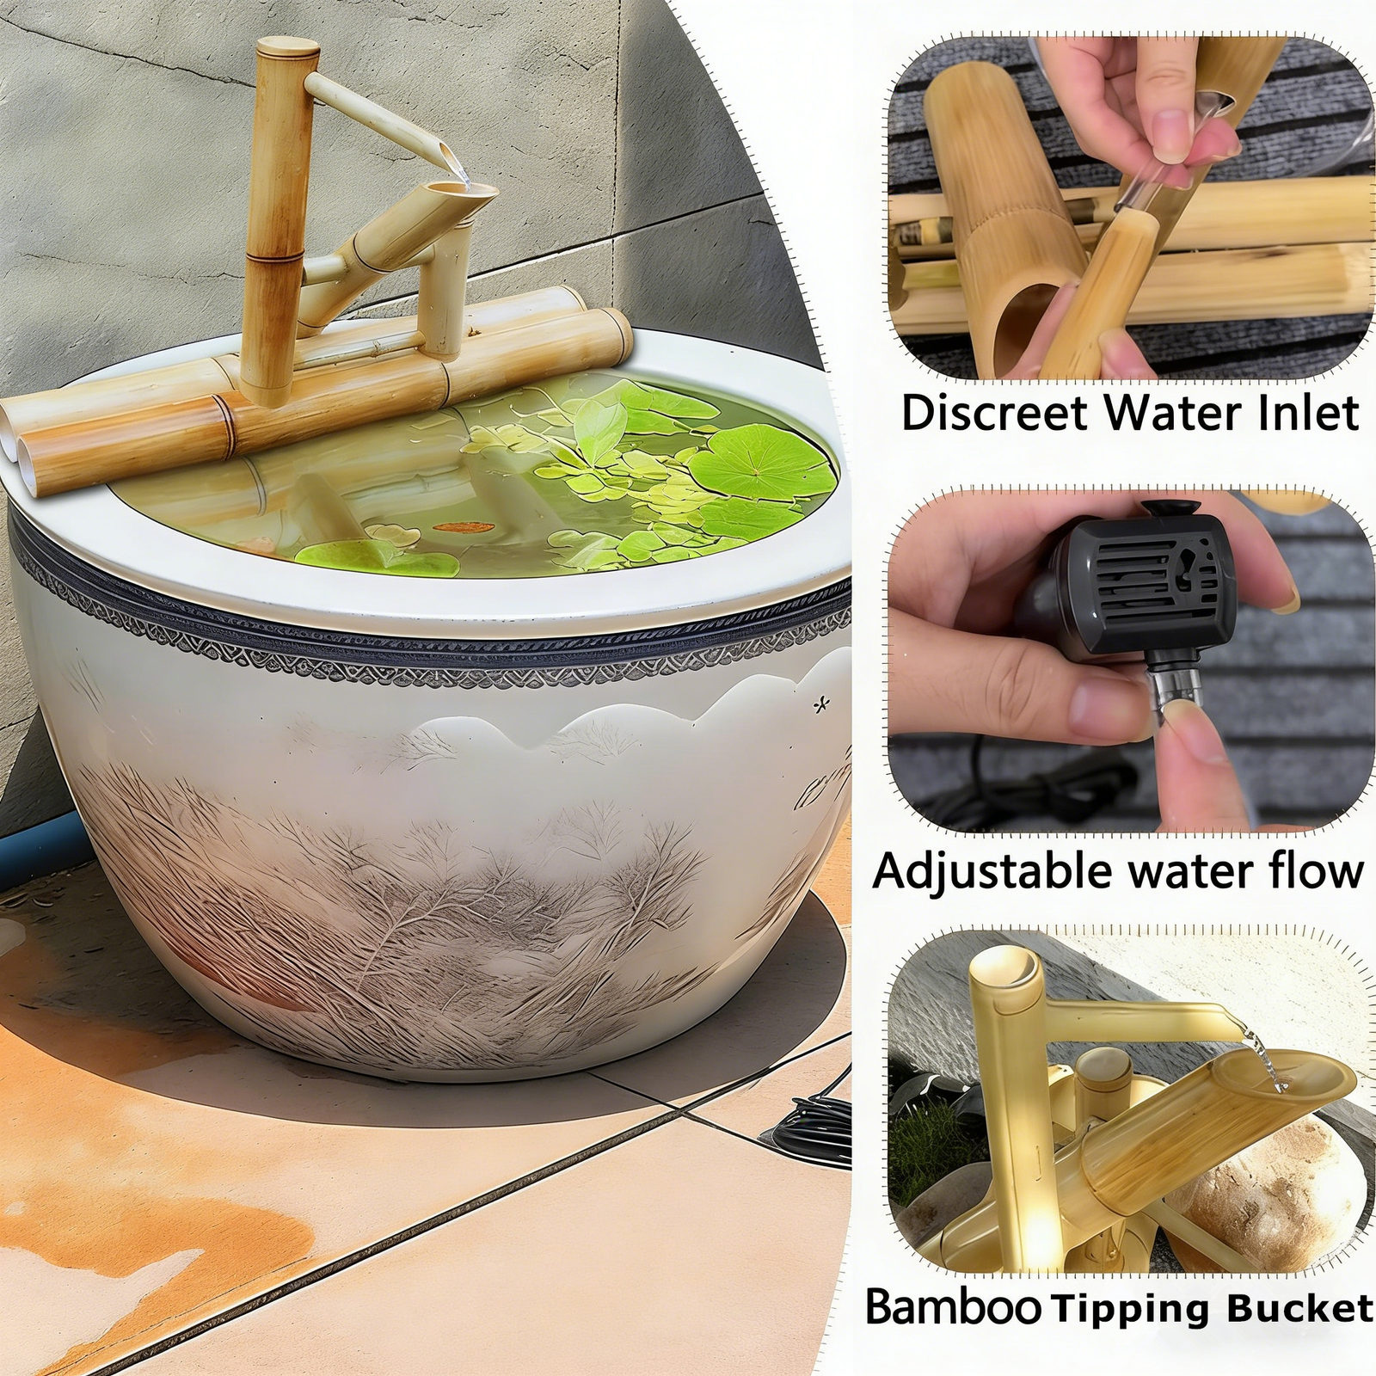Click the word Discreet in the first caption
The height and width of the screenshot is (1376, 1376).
click(996, 413)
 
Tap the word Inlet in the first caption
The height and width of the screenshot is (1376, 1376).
click(1308, 413)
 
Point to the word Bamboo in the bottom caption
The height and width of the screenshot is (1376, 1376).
click(952, 1305)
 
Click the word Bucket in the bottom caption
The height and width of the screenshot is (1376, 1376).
click(1299, 1306)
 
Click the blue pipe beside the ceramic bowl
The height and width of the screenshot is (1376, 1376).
click(43, 839)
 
